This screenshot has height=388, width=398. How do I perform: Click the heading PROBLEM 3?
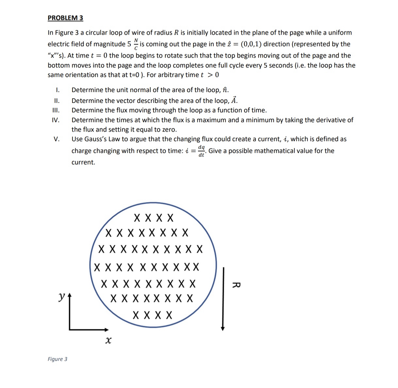pos(65,18)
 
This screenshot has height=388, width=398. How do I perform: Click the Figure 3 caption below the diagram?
pos(58,359)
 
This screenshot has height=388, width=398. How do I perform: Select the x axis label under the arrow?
pos(108,341)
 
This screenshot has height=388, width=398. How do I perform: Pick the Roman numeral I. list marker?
pos(57,90)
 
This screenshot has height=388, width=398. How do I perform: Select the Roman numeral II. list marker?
pos(57,101)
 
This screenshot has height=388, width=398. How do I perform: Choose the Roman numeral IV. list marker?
pos(56,120)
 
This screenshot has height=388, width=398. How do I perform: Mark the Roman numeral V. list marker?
pos(57,139)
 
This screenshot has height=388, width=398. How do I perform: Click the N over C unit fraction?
pos(136,44)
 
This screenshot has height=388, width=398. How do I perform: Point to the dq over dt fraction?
pos(202,151)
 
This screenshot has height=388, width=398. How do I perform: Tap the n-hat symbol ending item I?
pos(225,90)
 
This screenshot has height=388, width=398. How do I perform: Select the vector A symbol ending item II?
pos(234,100)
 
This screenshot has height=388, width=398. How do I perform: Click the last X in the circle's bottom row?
pos(169,315)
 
